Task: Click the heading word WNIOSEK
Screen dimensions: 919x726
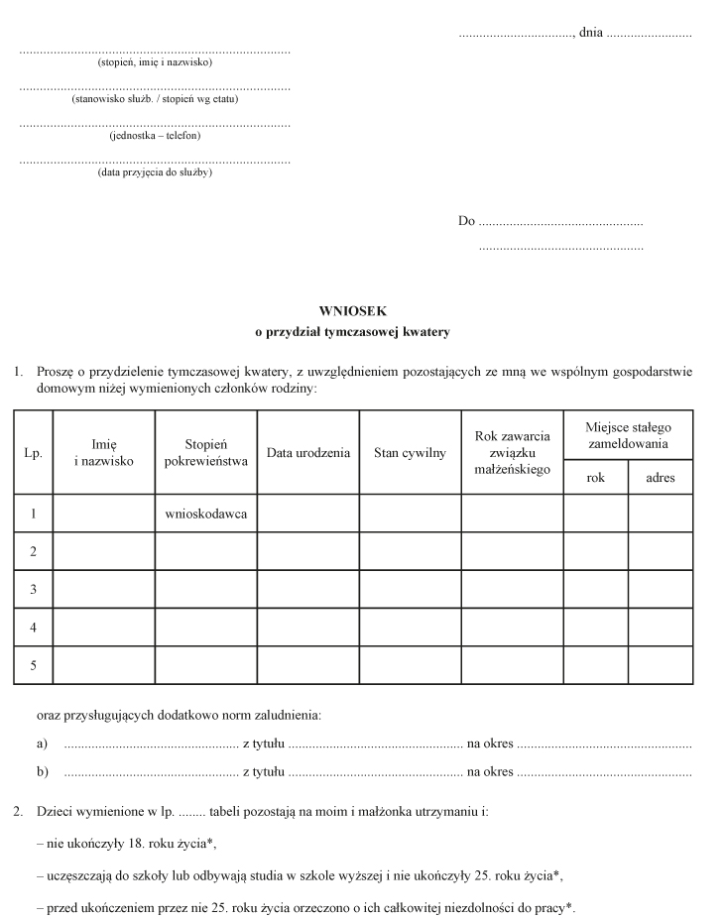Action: [352, 310]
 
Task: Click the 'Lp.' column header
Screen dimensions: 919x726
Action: [33, 453]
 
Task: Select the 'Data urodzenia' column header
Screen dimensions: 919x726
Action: [308, 453]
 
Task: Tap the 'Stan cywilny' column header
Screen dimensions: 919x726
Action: [410, 453]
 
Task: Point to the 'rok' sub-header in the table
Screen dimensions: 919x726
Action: [595, 477]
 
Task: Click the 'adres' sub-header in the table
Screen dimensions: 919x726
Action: [660, 477]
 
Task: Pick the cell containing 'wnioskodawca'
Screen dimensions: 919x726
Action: [205, 514]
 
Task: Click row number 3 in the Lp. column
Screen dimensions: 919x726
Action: [33, 590]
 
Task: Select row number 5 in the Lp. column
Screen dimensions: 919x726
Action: [33, 665]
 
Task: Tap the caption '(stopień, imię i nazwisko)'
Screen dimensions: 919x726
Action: [155, 61]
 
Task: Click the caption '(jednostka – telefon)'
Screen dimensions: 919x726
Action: [155, 135]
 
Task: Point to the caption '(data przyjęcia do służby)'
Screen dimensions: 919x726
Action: [155, 172]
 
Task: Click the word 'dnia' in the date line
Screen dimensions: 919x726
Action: [590, 33]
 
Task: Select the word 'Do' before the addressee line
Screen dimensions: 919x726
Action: [466, 220]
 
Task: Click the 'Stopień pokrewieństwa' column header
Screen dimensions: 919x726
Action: [205, 453]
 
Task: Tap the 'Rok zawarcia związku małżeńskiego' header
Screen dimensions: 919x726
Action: [512, 453]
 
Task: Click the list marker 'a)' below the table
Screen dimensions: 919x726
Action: [42, 743]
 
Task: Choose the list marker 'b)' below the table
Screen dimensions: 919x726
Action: [42, 770]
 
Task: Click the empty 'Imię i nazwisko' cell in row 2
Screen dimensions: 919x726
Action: [103, 551]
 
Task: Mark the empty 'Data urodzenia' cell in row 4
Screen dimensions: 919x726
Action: [308, 628]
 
